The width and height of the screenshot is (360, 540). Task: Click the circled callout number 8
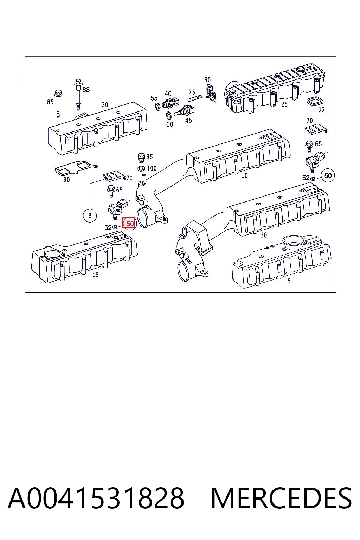90,215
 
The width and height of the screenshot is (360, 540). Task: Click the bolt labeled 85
58,104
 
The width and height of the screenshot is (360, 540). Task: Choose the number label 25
284,104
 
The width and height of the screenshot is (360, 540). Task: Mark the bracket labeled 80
211,93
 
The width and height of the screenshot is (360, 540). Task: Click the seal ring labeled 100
141,168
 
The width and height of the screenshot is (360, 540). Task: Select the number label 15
96,275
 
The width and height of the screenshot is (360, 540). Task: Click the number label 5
289,281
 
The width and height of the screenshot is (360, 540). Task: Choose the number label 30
264,235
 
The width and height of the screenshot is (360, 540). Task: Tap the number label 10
244,175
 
